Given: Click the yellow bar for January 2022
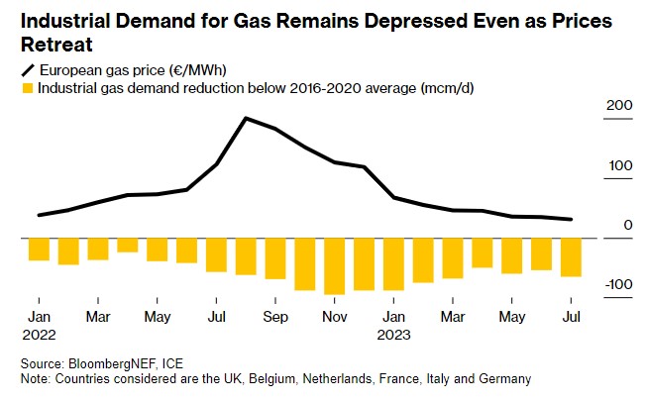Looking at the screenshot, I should coord(39,250).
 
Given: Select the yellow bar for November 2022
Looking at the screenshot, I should coord(335,266).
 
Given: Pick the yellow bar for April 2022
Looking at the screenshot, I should coord(127,246).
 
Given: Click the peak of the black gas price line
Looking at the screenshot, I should coord(246,118).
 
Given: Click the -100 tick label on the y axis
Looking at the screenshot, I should coord(615,285).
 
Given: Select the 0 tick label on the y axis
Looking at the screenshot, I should coord(628,225).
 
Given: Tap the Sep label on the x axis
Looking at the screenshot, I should coord(275,317).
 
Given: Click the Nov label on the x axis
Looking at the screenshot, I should coord(335,317).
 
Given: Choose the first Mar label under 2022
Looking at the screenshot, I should coord(97,317).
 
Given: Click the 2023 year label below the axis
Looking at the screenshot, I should coord(394,334).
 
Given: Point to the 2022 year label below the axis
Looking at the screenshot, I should coord(39,334).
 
